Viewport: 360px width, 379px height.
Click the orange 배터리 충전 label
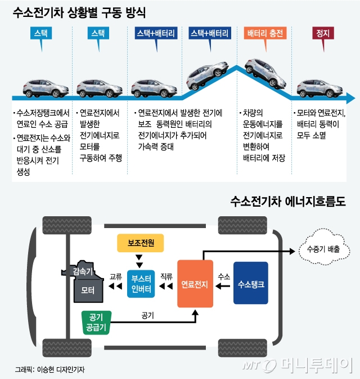tap(263, 33)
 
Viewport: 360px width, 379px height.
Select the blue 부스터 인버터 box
tap(140, 280)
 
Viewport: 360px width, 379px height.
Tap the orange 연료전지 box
tap(195, 284)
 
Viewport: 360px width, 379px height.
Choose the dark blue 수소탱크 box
tap(251, 284)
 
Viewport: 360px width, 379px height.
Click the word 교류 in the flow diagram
tap(116, 277)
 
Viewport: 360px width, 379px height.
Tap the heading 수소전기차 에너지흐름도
tap(287, 201)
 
